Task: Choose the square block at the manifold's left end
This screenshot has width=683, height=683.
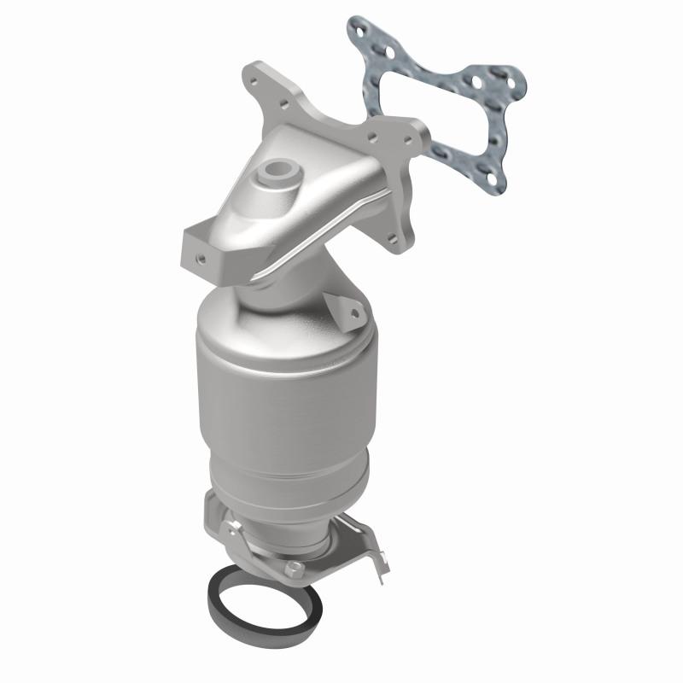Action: click(x=205, y=248)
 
